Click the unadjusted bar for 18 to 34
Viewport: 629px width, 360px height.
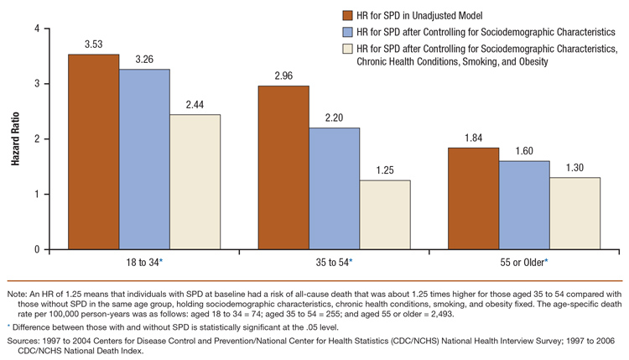click(93, 152)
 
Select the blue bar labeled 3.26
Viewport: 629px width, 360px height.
click(144, 159)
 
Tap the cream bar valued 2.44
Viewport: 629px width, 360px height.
click(195, 182)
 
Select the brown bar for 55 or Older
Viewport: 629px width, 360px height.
click(474, 199)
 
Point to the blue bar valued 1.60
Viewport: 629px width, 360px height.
click(524, 206)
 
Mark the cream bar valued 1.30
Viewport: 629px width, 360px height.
click(575, 213)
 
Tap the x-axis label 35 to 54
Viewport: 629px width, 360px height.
click(333, 263)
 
